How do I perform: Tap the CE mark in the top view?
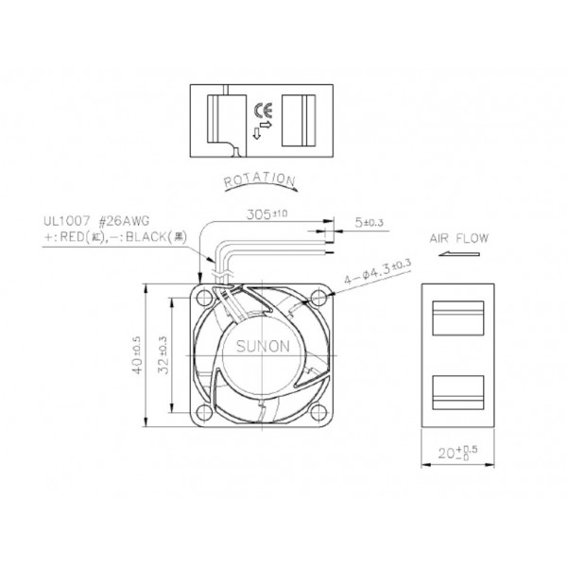[x=262, y=108]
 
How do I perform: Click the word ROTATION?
[x=258, y=180]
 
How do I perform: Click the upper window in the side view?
[x=456, y=317]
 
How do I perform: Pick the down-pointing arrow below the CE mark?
[x=257, y=133]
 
